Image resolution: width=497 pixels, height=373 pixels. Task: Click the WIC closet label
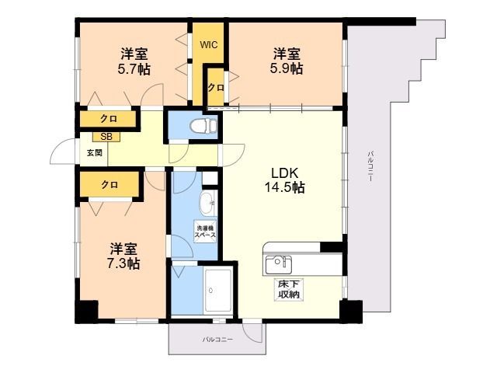tap(209, 45)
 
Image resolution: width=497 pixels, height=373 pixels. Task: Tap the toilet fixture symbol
tap(203, 126)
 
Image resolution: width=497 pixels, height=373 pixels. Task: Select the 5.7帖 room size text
tap(134, 69)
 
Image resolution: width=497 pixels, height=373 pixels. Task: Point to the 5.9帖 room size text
tap(287, 68)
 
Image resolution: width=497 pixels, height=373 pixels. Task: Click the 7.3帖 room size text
tap(123, 263)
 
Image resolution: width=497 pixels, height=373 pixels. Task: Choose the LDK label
tap(285, 173)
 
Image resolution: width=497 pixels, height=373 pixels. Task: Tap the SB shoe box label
tap(106, 137)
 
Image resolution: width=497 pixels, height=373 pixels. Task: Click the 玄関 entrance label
tap(95, 153)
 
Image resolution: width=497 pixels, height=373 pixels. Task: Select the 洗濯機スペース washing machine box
tap(205, 232)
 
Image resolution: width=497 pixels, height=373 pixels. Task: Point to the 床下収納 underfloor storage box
tap(289, 290)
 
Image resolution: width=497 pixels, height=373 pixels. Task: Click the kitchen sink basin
tap(279, 265)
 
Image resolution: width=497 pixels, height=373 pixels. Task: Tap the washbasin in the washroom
tap(207, 204)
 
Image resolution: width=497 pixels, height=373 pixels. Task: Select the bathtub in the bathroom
tap(218, 291)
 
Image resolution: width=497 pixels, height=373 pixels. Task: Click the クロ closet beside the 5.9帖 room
tap(216, 88)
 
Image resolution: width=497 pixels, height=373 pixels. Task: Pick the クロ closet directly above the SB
tap(108, 119)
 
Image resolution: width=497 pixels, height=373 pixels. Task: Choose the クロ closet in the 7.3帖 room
tap(109, 185)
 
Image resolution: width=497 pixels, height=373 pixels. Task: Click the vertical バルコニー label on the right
tap(370, 166)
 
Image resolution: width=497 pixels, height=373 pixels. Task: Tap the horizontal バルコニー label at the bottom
tap(217, 340)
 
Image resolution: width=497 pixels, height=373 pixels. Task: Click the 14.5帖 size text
tap(285, 188)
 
